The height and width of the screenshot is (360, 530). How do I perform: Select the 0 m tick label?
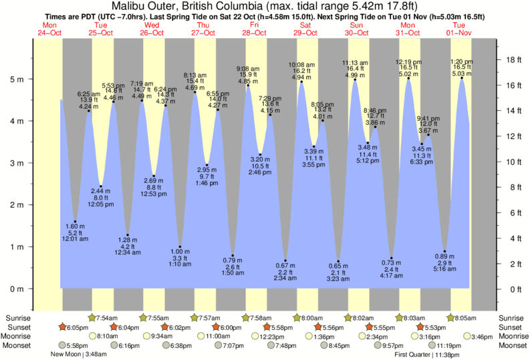point(17,289)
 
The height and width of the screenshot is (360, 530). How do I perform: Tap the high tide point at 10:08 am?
point(301,82)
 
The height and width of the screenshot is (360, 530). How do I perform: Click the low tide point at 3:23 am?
point(339,261)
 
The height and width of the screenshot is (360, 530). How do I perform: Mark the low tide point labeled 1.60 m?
point(76,222)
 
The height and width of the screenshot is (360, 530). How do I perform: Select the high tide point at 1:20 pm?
point(461,78)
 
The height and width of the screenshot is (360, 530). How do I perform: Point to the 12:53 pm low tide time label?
point(154,194)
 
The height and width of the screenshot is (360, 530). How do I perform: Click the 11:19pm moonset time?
point(448,346)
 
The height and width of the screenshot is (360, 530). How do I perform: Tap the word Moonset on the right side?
point(512,346)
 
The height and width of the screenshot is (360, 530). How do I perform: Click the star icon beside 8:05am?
point(451,317)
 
